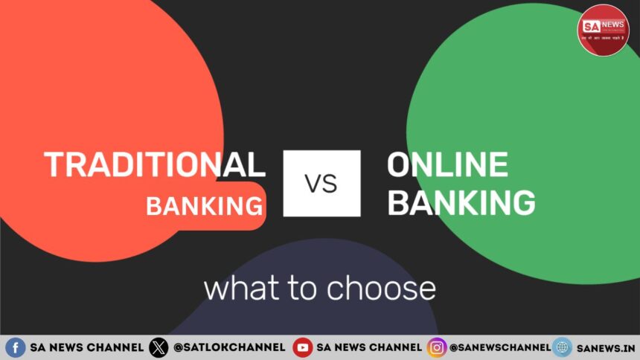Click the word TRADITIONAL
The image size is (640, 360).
tap(154, 164)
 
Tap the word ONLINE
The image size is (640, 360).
tap(447, 164)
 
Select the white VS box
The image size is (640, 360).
tap(321, 183)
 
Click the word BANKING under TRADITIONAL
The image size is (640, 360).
tap(204, 205)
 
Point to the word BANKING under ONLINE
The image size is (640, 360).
tap(461, 202)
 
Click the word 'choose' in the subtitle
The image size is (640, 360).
tap(385, 289)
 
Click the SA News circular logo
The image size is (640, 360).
tap(603, 30)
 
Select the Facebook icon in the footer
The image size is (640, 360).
tap(15, 347)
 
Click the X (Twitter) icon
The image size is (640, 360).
tap(158, 347)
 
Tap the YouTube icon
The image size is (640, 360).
tap(302, 347)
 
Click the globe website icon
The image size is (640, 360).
tap(562, 347)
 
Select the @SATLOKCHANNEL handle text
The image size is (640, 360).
tap(228, 347)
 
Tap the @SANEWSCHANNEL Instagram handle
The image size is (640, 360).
tap(499, 347)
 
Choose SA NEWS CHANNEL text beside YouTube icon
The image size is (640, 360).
tap(369, 347)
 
